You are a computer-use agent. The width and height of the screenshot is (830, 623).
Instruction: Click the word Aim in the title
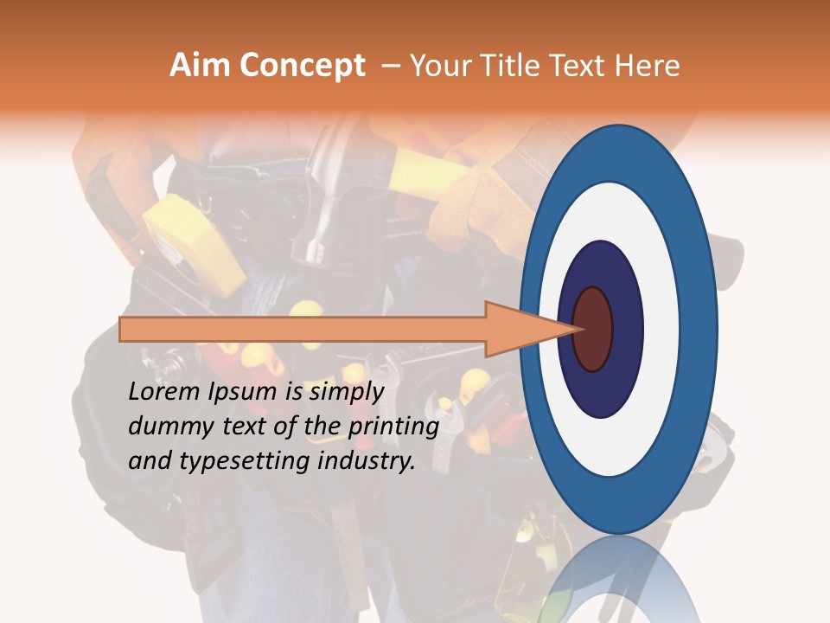[201, 66]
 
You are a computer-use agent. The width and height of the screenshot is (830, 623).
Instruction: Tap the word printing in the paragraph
[393, 427]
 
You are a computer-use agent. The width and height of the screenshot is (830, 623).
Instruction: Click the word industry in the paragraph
[367, 461]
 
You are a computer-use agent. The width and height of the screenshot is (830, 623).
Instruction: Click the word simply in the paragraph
[346, 392]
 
